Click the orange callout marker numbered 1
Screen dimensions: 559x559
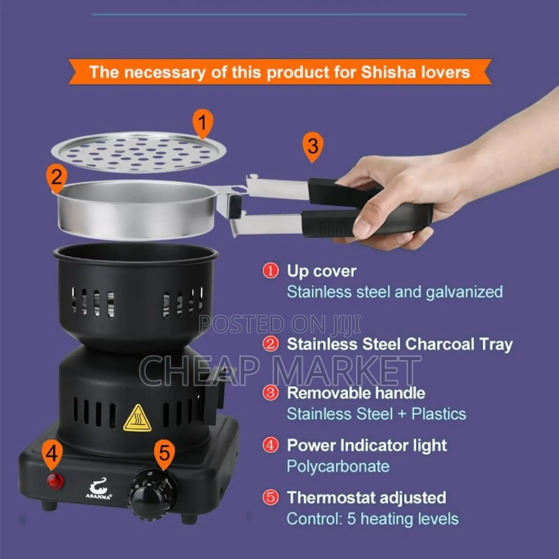coord(203,124)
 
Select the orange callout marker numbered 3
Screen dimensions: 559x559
coord(313,146)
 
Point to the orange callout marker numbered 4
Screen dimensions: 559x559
coord(52,455)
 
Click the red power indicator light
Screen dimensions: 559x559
coord(55,481)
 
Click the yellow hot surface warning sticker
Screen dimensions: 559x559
coord(137,419)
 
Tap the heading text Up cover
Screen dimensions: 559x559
coord(321,271)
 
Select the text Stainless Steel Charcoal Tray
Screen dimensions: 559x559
coord(399,344)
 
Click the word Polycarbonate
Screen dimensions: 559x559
coord(338,466)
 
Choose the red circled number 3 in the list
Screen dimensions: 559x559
coord(270,393)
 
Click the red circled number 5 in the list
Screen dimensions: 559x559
coord(270,498)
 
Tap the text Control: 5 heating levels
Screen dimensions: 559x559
coord(372,519)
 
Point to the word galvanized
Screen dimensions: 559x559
coord(464,292)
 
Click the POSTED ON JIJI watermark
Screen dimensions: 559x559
coord(279,324)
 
